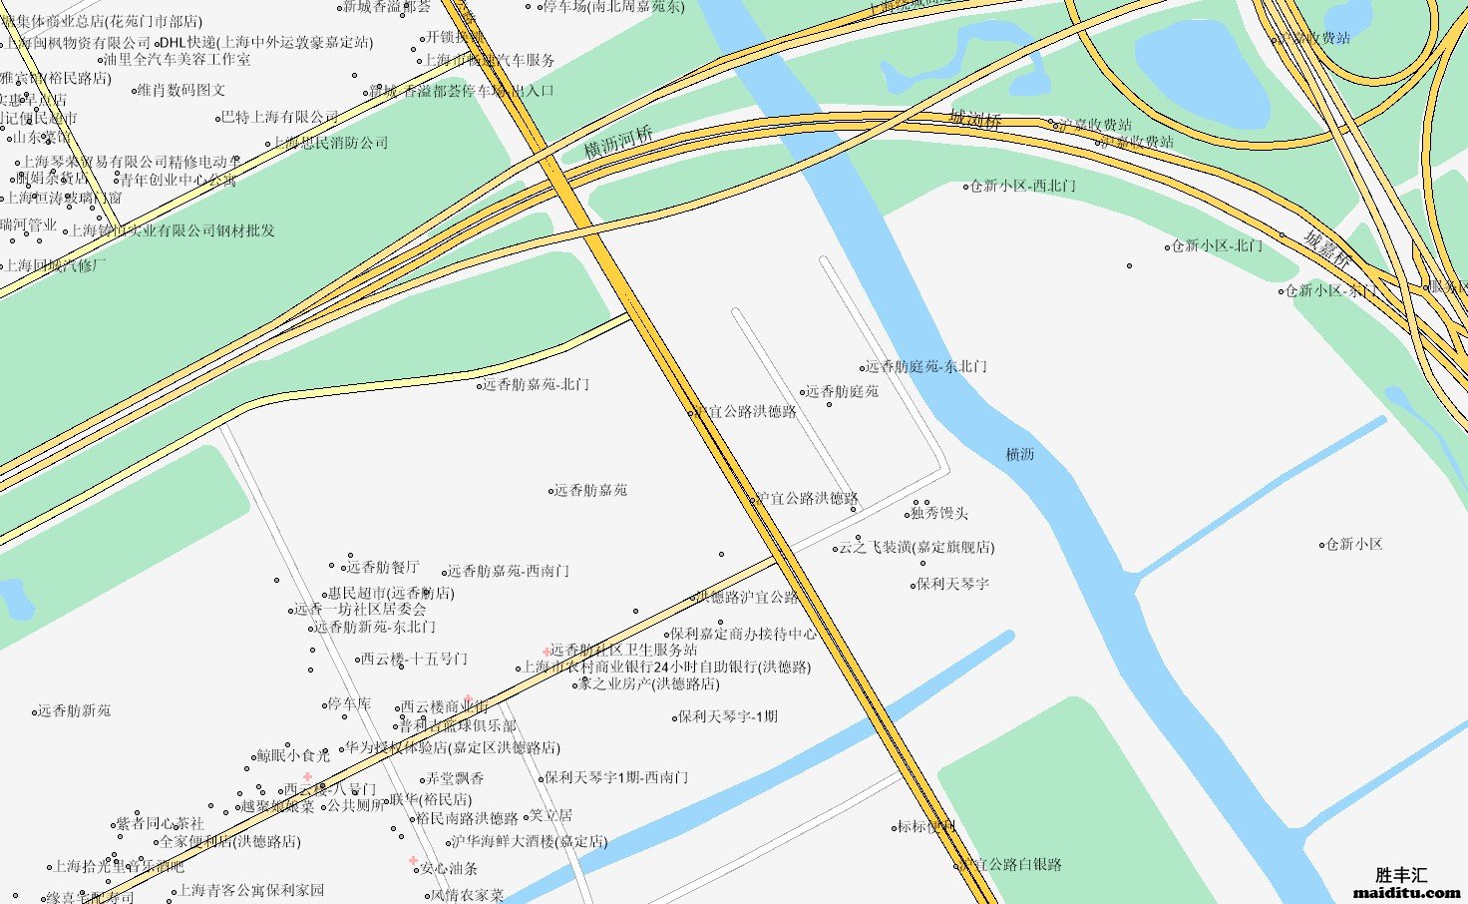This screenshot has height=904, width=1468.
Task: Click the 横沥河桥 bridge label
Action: pyautogui.click(x=618, y=143)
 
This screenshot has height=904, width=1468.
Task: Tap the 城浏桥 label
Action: pyautogui.click(x=975, y=120)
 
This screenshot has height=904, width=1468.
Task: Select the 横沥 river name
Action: pyautogui.click(x=1019, y=454)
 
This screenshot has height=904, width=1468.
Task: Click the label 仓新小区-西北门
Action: pyautogui.click(x=1023, y=186)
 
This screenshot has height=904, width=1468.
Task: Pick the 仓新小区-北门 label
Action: pyautogui.click(x=1217, y=244)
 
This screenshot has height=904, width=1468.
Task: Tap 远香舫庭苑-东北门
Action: pyautogui.click(x=925, y=366)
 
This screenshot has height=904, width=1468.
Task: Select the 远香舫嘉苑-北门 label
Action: pyautogui.click(x=536, y=384)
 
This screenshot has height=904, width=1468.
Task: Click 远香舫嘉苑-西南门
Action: pyautogui.click(x=508, y=571)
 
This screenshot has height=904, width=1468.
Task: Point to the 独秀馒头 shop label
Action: pyautogui.click(x=938, y=513)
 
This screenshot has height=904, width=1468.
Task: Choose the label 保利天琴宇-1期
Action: pyautogui.click(x=728, y=716)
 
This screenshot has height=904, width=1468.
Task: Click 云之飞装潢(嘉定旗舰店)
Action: pyautogui.click(x=916, y=547)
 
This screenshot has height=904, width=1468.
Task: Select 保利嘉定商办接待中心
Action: pyautogui.click(x=743, y=633)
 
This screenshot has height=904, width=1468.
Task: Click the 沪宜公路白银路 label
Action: pyautogui.click(x=1011, y=864)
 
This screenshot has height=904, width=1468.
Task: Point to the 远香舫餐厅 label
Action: pyautogui.click(x=384, y=567)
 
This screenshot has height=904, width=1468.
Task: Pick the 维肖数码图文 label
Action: pyautogui.click(x=182, y=90)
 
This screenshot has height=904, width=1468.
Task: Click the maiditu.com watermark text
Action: pyautogui.click(x=1406, y=893)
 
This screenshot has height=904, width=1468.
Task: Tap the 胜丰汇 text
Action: pyautogui.click(x=1401, y=875)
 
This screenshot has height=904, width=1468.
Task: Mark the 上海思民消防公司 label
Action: pyautogui.click(x=330, y=143)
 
